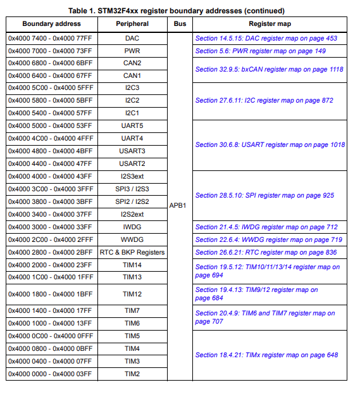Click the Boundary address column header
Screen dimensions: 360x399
(x=52, y=24)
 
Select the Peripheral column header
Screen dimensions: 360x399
(x=132, y=24)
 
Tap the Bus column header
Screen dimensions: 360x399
(x=179, y=24)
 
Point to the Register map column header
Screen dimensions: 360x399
(x=270, y=24)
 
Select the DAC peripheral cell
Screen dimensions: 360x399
(x=132, y=38)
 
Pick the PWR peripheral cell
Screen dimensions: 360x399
(x=132, y=51)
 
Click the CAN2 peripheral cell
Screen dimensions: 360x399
(x=132, y=63)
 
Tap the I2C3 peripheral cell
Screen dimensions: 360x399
(x=132, y=88)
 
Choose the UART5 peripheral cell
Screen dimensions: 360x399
(x=132, y=126)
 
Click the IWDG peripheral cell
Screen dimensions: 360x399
(x=132, y=227)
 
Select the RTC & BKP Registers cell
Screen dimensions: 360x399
(x=132, y=252)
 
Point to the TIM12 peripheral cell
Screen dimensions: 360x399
(x=132, y=294)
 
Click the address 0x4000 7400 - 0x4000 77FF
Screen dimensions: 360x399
(x=50, y=38)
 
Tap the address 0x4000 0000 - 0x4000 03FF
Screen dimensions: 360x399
(x=50, y=374)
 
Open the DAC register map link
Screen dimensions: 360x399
(x=266, y=39)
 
